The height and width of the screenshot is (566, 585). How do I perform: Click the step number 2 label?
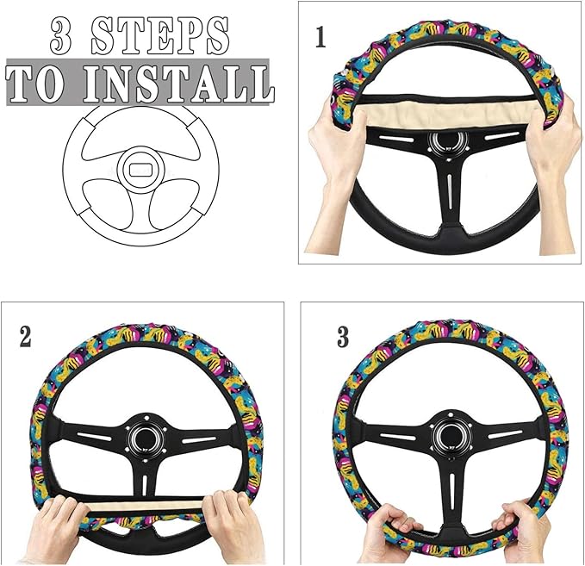click(x=25, y=336)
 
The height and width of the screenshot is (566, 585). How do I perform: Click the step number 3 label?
click(x=343, y=337)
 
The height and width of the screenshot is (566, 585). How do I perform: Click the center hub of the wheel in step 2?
click(x=143, y=437)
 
